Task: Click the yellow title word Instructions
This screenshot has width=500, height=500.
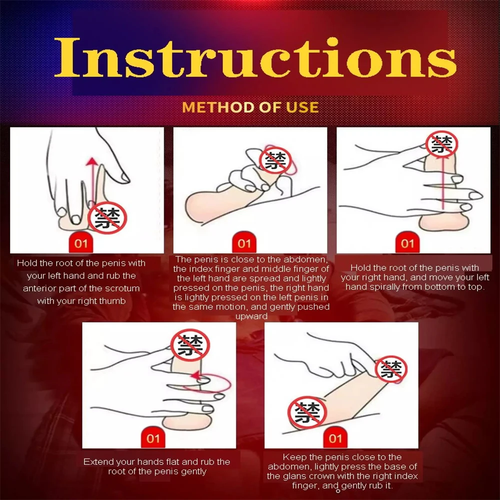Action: point(255,57)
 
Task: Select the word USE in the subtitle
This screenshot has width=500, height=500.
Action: point(302,107)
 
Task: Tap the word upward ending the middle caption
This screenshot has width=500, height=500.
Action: point(251,316)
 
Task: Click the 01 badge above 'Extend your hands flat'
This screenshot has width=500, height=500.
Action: point(153,438)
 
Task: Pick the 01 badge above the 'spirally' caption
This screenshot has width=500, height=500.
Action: point(407,243)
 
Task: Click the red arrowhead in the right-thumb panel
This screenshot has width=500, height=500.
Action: point(92,161)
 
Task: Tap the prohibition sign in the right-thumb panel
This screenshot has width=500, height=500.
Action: point(107,218)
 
